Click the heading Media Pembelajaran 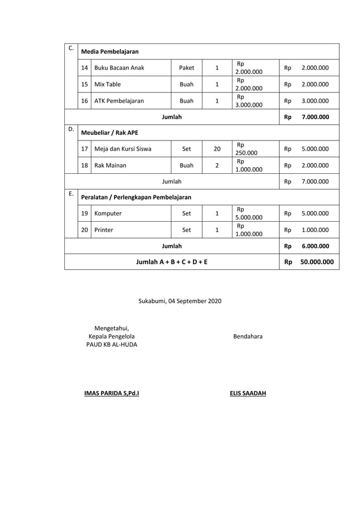[x=110, y=51]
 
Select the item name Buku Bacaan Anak [x=119, y=68]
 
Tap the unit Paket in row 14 [x=186, y=68]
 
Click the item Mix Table [x=107, y=85]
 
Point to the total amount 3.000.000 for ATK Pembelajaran [x=315, y=101]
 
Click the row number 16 [x=84, y=101]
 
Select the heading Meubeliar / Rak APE [x=110, y=133]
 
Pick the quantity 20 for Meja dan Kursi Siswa [x=217, y=149]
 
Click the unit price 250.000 [x=247, y=152]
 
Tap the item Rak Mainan [x=110, y=165]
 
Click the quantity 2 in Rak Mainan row [x=217, y=165]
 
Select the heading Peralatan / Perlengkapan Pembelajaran [x=136, y=198]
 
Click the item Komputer [x=108, y=214]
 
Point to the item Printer [x=104, y=230]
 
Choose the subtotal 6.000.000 [x=315, y=246]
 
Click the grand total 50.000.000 [x=316, y=262]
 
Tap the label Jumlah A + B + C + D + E [x=172, y=262]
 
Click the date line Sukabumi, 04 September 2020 [x=180, y=301]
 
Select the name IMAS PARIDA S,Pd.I [x=111, y=393]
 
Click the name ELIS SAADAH [x=248, y=393]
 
